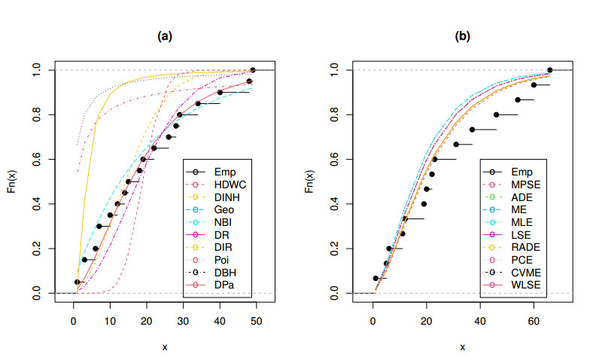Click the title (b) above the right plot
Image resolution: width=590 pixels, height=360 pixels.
coord(462,35)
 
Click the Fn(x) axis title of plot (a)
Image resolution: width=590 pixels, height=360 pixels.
coord(13,182)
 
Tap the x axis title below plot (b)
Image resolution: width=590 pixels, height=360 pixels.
coord(462,346)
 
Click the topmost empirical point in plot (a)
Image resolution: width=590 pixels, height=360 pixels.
coord(253,70)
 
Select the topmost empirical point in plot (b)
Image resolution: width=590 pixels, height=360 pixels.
coord(549,70)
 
